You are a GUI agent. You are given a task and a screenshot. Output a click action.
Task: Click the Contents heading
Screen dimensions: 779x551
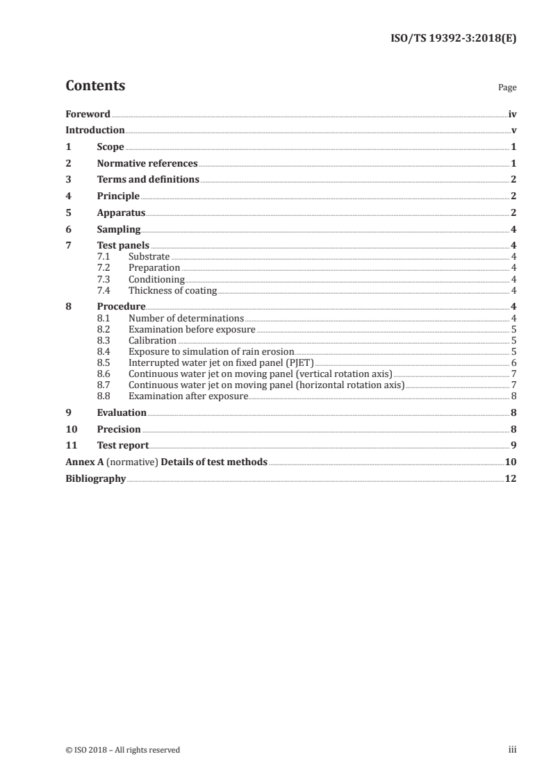(x=95, y=86)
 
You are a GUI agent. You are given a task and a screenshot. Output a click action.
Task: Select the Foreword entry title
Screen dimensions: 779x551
(x=88, y=113)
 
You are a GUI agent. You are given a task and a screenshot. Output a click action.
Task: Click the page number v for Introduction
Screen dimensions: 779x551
(x=513, y=130)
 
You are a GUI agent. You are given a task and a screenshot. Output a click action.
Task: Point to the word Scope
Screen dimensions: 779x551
(x=110, y=147)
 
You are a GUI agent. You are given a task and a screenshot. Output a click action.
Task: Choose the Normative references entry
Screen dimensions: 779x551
(x=147, y=164)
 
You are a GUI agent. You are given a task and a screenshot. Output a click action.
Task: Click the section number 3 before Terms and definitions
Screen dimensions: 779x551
(x=68, y=180)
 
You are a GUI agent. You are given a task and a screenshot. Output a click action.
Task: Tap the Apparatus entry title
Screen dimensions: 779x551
(x=121, y=213)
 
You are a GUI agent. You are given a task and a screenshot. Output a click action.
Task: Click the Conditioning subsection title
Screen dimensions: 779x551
(x=156, y=279)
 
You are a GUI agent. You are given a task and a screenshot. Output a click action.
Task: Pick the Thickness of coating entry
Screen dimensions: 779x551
(x=172, y=290)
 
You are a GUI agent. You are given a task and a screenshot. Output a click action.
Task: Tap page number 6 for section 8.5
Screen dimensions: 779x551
(x=513, y=362)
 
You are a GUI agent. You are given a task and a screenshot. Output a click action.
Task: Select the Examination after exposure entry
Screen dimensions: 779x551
(x=188, y=396)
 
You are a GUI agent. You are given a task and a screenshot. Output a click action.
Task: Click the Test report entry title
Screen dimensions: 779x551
(x=123, y=445)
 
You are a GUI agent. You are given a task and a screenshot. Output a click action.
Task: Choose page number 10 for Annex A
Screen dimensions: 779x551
(x=510, y=462)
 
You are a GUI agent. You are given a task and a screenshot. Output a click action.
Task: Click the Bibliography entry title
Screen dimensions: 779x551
(x=95, y=478)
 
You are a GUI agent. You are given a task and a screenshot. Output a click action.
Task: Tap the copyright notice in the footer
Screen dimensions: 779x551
(x=122, y=750)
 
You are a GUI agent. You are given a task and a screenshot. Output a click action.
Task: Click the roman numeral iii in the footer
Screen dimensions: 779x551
(x=512, y=750)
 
